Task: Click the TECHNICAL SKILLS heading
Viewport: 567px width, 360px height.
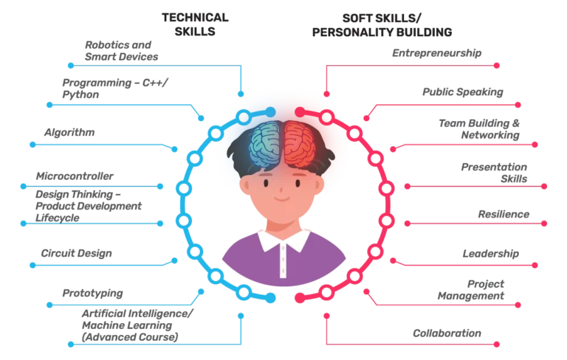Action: coord(195,24)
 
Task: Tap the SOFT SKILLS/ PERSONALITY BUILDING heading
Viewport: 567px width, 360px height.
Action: coord(382,25)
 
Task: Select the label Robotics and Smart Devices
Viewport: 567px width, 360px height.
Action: coord(122,51)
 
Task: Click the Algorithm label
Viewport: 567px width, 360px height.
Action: coord(69,132)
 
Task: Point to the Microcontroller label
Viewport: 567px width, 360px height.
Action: coord(75,176)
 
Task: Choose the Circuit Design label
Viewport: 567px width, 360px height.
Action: coord(76,253)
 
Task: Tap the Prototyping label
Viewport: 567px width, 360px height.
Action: coord(92,293)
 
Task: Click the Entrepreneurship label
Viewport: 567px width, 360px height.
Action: coord(437,53)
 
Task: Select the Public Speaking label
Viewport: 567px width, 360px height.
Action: coord(463,91)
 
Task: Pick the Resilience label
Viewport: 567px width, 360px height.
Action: coord(504,215)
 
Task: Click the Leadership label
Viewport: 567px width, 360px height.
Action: coord(491,253)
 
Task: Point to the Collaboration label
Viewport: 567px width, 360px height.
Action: coord(447,333)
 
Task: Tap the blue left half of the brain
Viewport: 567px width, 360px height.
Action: coord(265,144)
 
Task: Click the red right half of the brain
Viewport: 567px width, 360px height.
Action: coord(300,144)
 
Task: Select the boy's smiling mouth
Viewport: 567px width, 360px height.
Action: coord(282,198)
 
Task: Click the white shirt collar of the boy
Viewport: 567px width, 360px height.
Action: coord(283,240)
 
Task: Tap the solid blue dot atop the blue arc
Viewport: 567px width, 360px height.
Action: coord(270,112)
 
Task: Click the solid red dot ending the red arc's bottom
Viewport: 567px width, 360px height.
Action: coord(300,297)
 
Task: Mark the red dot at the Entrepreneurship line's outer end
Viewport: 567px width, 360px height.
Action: coord(496,66)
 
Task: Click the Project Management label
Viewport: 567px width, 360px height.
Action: coord(471,290)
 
